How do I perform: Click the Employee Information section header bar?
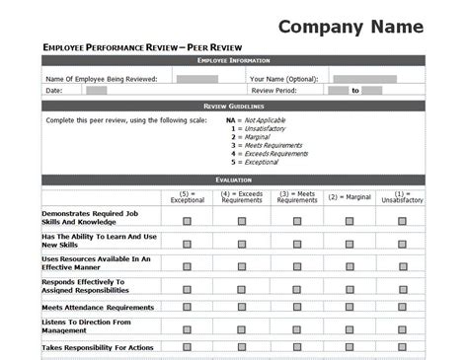click(233, 61)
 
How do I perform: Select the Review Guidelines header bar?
click(233, 105)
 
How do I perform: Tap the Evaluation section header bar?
click(233, 180)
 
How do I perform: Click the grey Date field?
click(96, 90)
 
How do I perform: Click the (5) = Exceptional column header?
click(186, 196)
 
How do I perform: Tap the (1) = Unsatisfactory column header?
click(402, 196)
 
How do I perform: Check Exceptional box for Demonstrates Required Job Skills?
click(186, 221)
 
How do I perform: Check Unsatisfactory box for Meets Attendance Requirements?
click(402, 307)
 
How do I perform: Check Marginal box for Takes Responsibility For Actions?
click(349, 347)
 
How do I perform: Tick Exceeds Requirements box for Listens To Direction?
click(241, 326)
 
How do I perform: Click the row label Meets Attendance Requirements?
click(97, 307)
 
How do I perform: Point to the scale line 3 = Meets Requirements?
click(268, 145)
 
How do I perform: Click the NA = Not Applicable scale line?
click(266, 119)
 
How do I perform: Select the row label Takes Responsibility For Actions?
click(97, 347)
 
